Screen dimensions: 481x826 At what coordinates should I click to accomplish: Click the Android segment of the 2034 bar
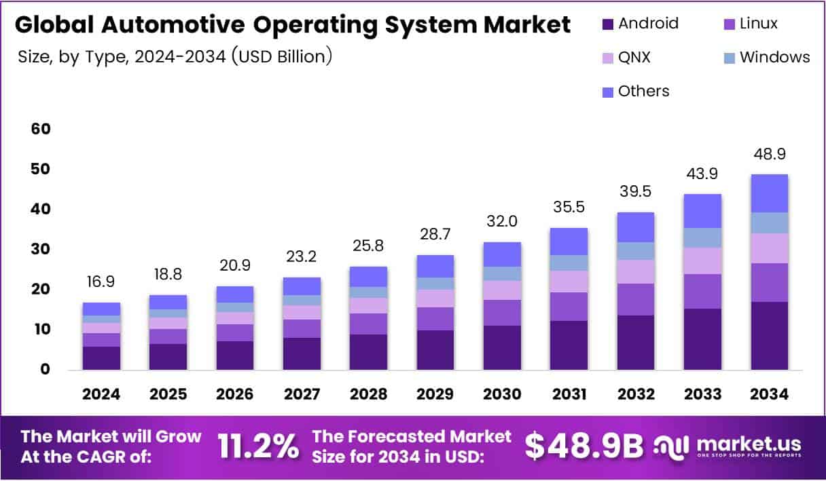(769, 335)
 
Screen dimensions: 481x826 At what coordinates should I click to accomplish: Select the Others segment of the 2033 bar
(702, 211)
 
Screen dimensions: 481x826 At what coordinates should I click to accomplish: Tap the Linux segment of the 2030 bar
(502, 312)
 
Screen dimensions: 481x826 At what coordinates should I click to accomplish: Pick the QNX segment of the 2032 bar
(635, 271)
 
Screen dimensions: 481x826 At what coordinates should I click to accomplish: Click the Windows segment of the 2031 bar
(569, 263)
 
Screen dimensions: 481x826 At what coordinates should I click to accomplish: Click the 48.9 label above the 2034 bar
(769, 154)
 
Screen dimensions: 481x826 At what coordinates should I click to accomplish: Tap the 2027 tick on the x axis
(302, 394)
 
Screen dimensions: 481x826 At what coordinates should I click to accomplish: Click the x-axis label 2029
(435, 394)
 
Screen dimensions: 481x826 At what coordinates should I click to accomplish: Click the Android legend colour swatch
(608, 24)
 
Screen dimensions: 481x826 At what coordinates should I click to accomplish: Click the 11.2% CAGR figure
(257, 446)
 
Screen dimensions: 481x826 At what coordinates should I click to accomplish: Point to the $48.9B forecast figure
(583, 446)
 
